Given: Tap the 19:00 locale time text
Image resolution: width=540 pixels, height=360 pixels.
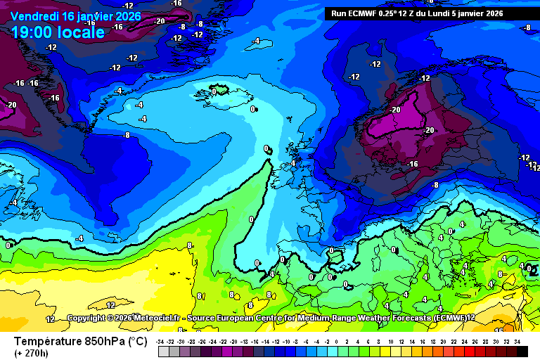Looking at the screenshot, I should tap(58, 32).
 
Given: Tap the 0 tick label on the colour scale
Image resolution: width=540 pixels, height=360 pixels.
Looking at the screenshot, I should tap(336, 341).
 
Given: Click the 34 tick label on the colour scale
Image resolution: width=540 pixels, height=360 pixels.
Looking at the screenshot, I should tap(516, 341).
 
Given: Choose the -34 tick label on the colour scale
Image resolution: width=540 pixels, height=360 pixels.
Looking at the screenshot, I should tap(161, 341).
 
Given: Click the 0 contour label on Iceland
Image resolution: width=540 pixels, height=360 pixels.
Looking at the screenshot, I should tap(214, 91).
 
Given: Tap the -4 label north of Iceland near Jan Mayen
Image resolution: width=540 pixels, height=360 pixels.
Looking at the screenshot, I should tap(257, 41).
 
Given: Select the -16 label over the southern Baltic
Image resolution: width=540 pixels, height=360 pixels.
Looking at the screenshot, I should tap(413, 164).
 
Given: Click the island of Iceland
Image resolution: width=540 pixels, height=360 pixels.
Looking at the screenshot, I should tap(220, 89).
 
